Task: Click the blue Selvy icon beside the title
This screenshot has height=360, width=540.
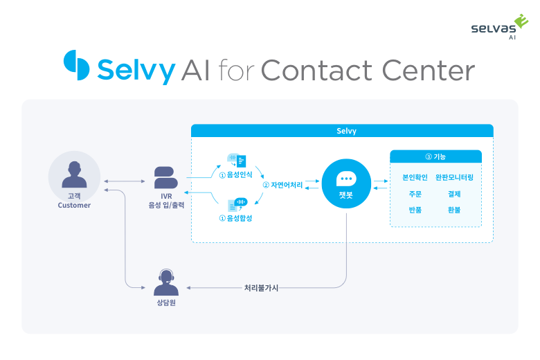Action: (77, 66)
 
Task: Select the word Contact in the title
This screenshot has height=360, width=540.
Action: (316, 71)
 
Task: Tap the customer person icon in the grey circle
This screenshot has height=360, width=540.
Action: (74, 174)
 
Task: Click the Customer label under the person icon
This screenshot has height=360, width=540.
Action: (74, 205)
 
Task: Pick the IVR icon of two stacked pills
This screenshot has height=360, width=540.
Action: (166, 178)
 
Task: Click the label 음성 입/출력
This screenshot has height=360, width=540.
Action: (166, 206)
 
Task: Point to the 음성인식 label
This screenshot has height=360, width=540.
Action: (235, 174)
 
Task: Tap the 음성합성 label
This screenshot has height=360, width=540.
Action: (235, 219)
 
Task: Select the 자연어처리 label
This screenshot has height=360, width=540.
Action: (282, 186)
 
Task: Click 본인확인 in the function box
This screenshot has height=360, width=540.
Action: (415, 177)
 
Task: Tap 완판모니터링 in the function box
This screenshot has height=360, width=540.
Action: (454, 177)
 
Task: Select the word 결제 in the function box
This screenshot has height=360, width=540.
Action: (454, 194)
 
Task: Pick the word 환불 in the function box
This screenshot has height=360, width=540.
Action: (454, 210)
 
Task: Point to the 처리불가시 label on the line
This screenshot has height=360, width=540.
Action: (261, 287)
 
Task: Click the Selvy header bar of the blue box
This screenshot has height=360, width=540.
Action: (342, 130)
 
